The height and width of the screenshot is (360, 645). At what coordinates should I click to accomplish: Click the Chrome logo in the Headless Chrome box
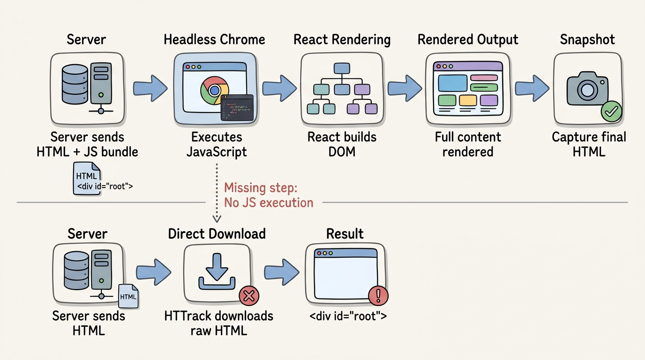point(214,90)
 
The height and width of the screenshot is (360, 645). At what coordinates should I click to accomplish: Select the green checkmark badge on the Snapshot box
point(612,112)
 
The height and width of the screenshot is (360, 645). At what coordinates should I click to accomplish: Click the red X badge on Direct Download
point(249,296)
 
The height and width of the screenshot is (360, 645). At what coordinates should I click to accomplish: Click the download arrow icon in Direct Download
point(217,272)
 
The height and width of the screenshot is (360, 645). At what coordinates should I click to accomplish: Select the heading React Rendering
point(342,40)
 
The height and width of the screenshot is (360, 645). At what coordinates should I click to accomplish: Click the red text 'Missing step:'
point(261,188)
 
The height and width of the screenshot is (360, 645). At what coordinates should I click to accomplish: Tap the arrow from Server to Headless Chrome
point(150,88)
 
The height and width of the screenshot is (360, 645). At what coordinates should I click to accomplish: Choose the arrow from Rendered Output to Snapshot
point(532,88)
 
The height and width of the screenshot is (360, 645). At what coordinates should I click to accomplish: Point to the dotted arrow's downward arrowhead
point(217,218)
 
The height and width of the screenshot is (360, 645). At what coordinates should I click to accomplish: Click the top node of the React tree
point(342,68)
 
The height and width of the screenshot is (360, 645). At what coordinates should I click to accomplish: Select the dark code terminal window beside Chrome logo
point(237,107)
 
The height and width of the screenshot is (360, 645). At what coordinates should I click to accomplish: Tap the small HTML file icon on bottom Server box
point(128,296)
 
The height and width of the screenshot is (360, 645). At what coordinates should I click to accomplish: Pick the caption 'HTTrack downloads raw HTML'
point(218,322)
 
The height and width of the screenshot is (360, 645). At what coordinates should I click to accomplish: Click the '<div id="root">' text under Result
point(348,316)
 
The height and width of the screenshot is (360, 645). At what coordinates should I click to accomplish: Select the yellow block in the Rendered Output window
point(467,100)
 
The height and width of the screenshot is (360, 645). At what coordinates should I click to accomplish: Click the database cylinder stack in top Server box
point(75,84)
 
